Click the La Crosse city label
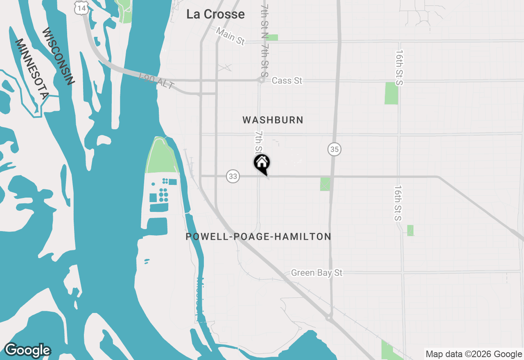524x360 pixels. (x=215, y=14)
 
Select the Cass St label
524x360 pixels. (x=287, y=81)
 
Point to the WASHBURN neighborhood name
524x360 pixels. (x=273, y=120)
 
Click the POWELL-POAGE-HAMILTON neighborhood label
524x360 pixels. (x=258, y=236)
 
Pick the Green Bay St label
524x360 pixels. (x=316, y=273)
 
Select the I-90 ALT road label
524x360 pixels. (x=157, y=81)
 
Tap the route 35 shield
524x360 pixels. (x=334, y=149)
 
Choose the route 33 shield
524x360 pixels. (x=233, y=176)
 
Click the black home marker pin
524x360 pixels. (x=262, y=164)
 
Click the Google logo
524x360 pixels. (x=27, y=350)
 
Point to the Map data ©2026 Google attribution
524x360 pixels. (x=474, y=354)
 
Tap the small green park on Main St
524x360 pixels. (x=272, y=38)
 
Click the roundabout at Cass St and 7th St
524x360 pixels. (x=261, y=80)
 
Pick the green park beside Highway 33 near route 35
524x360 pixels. (x=325, y=184)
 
